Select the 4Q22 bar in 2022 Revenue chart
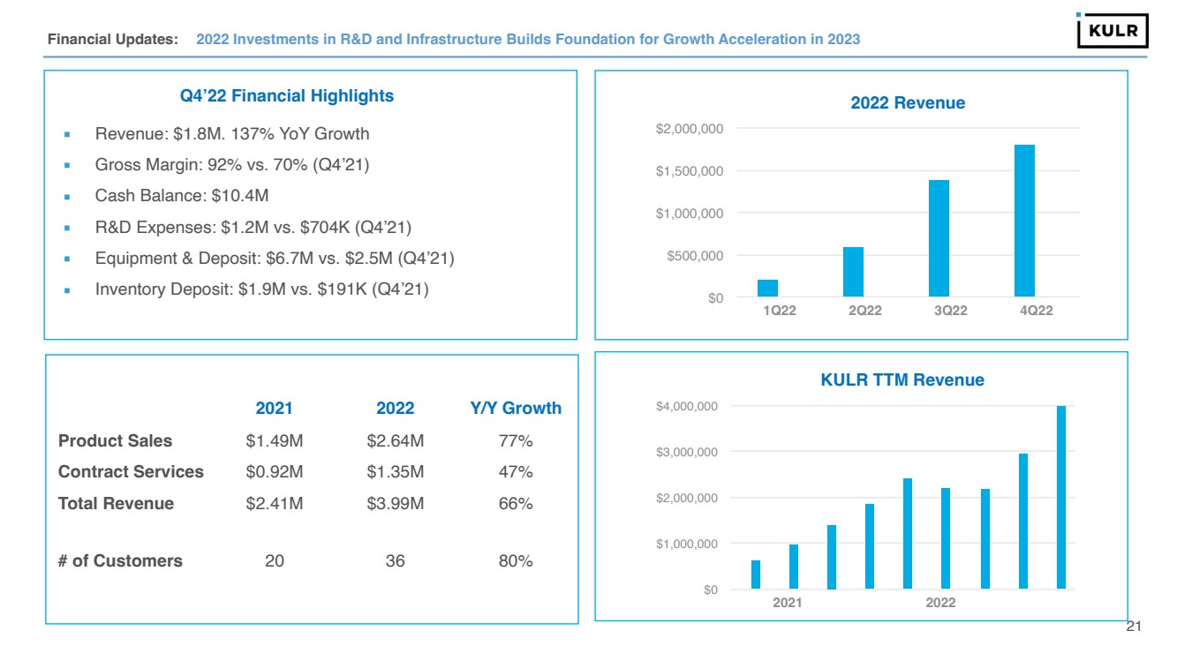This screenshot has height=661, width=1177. (1024, 221)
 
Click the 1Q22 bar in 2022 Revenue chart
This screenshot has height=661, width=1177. (767, 288)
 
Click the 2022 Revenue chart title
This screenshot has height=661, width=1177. (907, 103)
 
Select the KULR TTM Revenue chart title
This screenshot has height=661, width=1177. (902, 380)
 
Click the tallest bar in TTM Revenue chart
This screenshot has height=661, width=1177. (1061, 497)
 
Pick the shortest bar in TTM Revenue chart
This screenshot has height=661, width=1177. (756, 574)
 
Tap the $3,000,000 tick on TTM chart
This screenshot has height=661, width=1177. (685, 452)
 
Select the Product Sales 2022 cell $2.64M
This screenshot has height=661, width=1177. (395, 440)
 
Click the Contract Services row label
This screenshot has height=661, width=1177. (131, 472)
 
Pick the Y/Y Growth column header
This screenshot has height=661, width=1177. (516, 408)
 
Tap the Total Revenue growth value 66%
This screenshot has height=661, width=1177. (516, 504)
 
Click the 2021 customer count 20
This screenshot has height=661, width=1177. (275, 560)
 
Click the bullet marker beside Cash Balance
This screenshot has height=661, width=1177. (66, 196)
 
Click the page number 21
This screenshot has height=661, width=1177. (1135, 627)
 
